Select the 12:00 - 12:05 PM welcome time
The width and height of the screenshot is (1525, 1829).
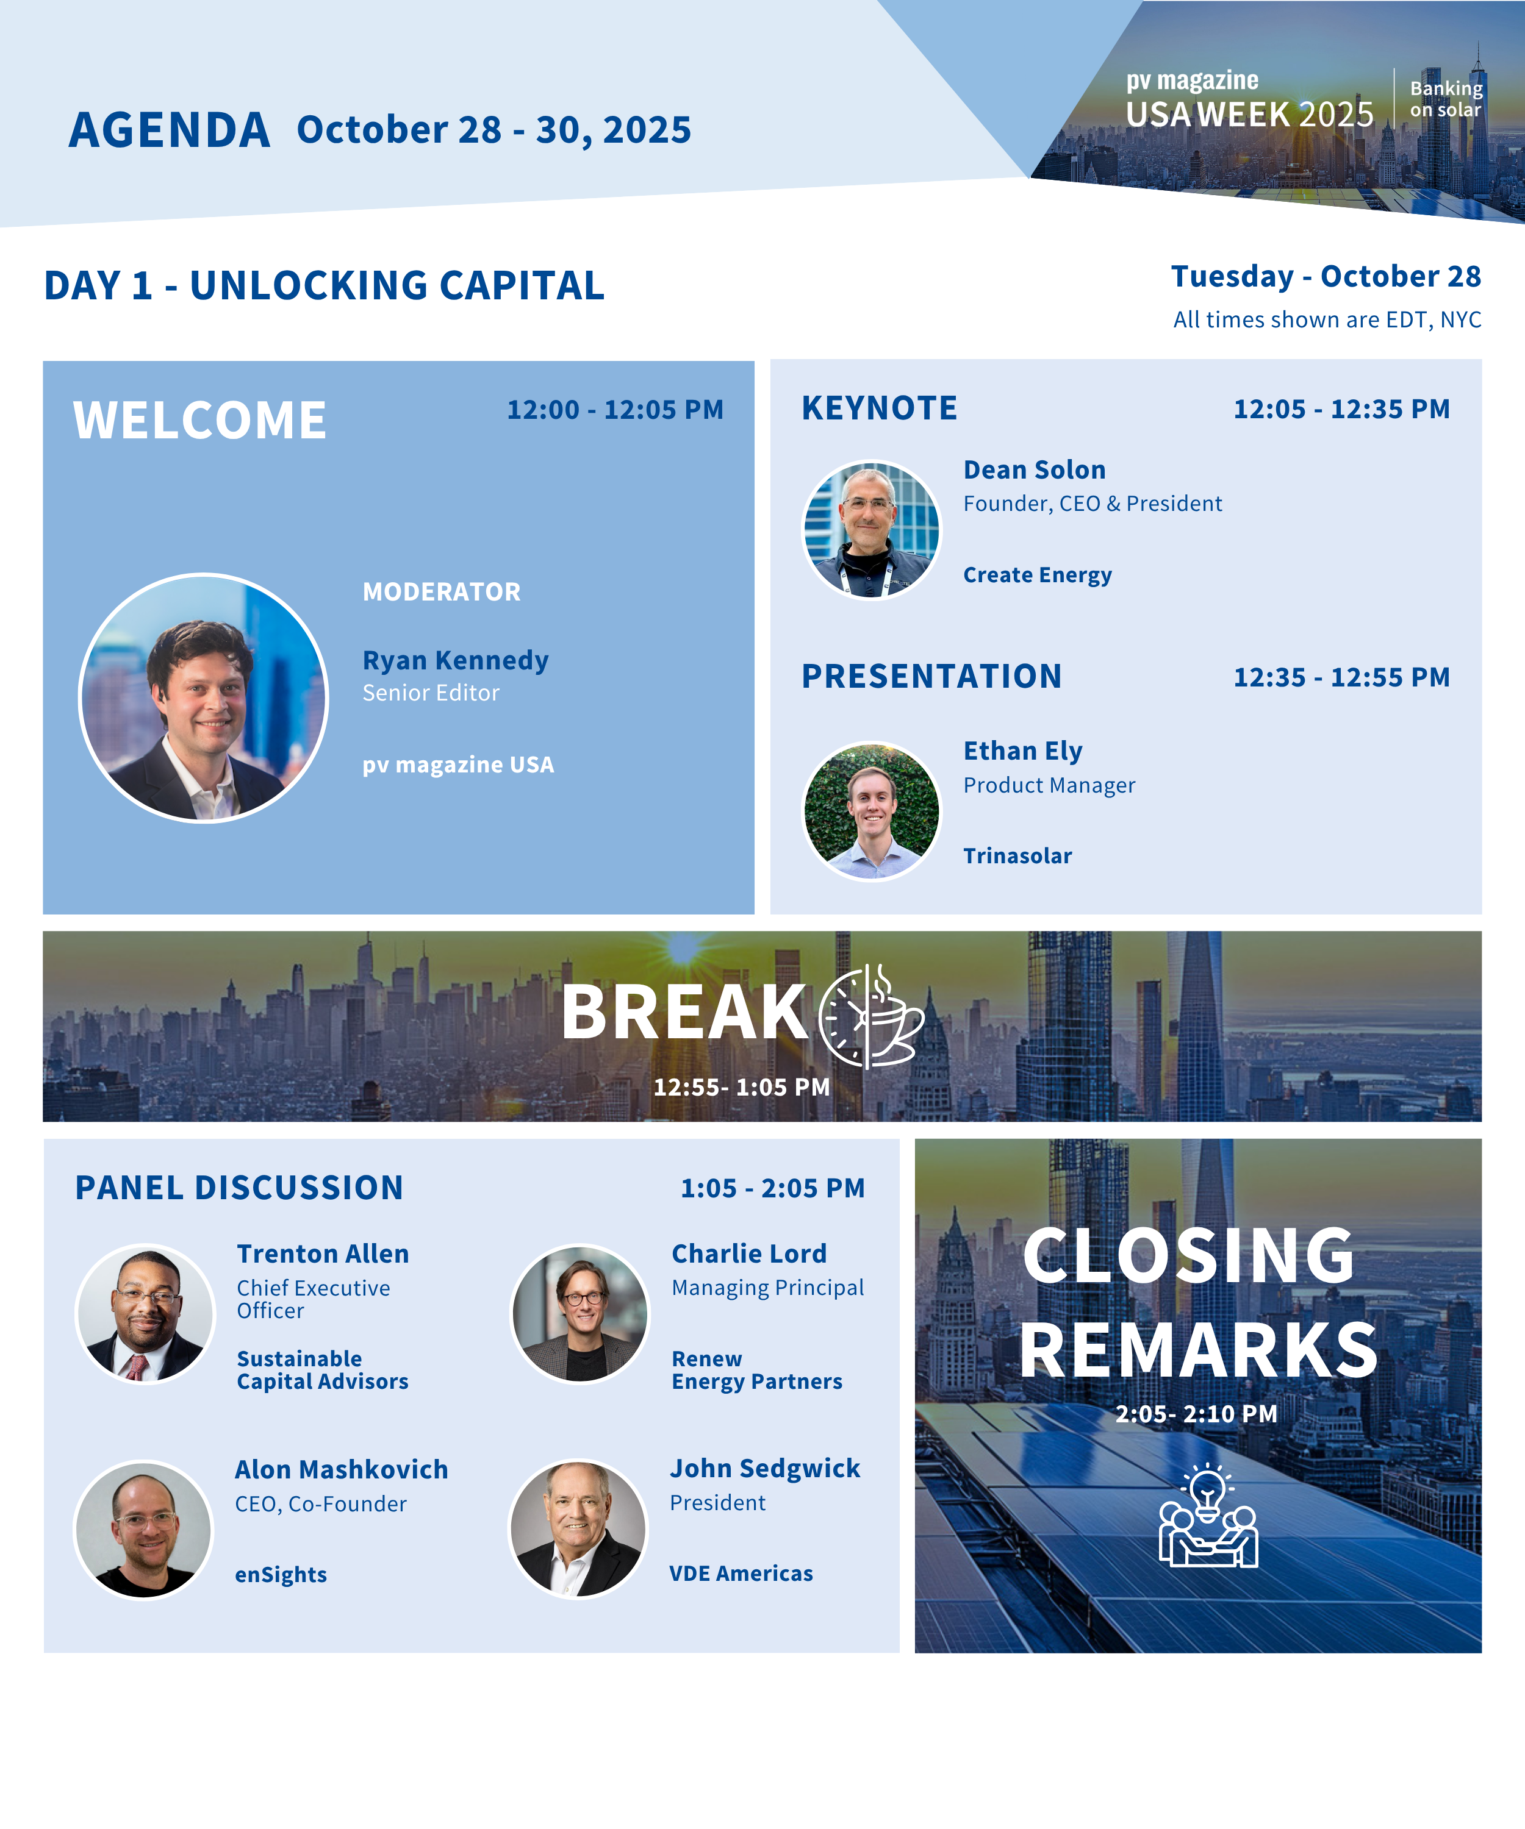tap(615, 409)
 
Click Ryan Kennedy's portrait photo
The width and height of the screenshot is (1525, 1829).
tap(204, 697)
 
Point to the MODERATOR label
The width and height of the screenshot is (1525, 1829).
tap(442, 591)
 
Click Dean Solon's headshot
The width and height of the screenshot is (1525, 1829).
tap(872, 530)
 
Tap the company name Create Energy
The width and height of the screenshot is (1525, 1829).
tap(1038, 575)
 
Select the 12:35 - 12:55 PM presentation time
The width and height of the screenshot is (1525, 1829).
tap(1342, 677)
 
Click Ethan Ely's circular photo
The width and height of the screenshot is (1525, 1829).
tap(872, 811)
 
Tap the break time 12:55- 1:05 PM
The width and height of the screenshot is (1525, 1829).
tap(742, 1087)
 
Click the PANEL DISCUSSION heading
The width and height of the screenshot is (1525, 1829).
tap(240, 1188)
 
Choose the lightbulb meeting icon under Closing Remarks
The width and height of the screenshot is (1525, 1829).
tap(1208, 1516)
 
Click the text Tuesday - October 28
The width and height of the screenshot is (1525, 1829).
tap(1326, 276)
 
